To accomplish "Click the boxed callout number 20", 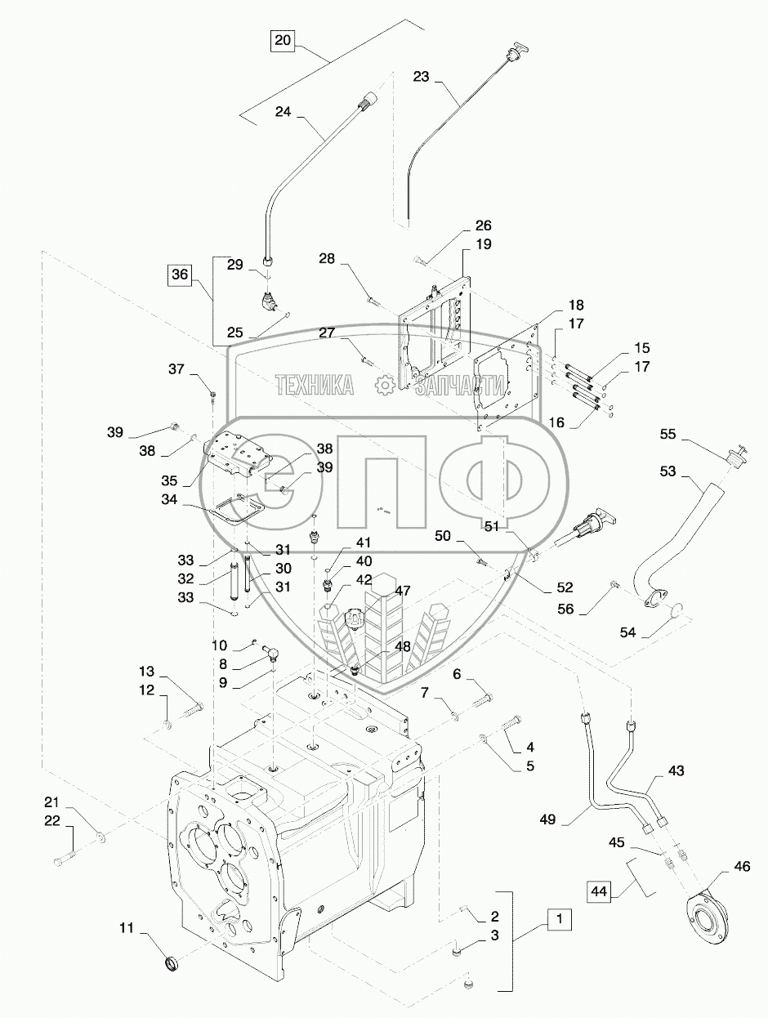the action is (x=283, y=40).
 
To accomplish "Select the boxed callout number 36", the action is (x=180, y=274).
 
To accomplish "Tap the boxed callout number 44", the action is (x=599, y=892).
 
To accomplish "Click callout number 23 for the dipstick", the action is (x=421, y=77).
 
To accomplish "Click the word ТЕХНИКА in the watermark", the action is (x=315, y=386).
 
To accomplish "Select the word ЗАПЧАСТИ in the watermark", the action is (x=458, y=386).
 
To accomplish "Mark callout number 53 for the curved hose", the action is (x=668, y=471).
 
